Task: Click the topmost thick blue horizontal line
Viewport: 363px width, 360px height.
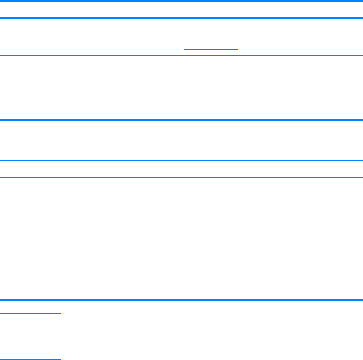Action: (181, 1)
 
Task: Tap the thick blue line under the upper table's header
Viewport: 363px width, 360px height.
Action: (181, 18)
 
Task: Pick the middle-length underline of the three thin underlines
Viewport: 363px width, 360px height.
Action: (211, 49)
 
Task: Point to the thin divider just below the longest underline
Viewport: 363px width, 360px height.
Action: (181, 93)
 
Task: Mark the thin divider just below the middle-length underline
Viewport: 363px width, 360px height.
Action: (181, 55)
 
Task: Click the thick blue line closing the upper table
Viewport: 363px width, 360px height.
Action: (181, 120)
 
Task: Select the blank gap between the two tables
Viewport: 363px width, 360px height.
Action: (181, 140)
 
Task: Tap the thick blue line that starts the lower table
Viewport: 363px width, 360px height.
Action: (181, 161)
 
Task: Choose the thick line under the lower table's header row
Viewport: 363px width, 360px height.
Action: (181, 178)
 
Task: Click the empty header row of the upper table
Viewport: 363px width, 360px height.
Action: (181, 10)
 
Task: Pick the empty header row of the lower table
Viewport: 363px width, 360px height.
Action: (181, 169)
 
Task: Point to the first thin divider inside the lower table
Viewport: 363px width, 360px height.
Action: (181, 225)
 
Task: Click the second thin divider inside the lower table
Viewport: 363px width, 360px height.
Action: (181, 273)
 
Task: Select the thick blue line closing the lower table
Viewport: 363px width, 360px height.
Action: (181, 300)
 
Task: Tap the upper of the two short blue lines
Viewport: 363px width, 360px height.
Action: (31, 314)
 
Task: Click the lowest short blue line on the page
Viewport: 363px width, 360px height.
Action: (31, 359)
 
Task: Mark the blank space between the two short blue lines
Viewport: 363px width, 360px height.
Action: (31, 336)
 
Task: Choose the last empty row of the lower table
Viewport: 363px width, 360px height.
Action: (181, 287)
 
